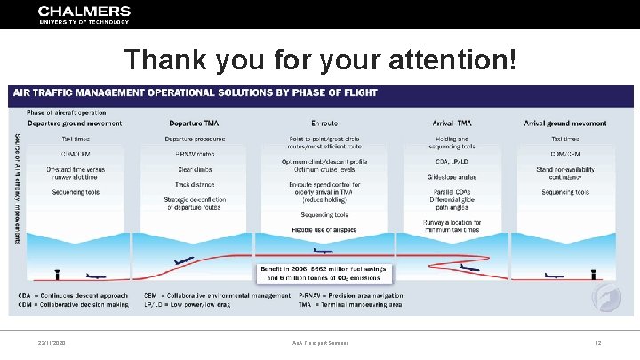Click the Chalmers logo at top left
click(84, 15)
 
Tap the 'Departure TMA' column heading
click(193, 124)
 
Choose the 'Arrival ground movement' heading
click(564, 124)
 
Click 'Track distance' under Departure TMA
click(193, 184)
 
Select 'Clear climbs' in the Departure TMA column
click(193, 169)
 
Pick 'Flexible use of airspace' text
click(324, 229)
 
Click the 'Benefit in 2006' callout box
click(324, 272)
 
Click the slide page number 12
click(599, 342)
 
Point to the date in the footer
click(52, 342)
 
